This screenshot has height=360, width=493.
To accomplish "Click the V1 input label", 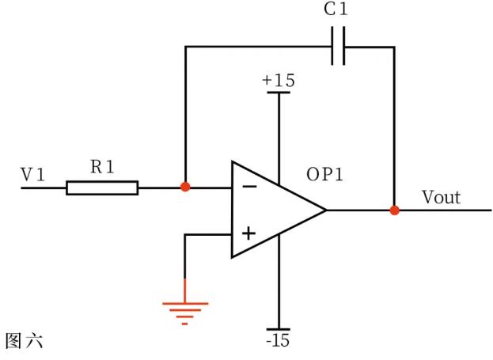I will (32, 174).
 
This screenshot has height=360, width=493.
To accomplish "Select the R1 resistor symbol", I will (102, 188).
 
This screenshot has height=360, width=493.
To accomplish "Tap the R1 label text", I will (102, 167).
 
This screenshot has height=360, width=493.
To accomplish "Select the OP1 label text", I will (324, 175).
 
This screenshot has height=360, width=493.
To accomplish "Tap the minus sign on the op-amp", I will (248, 188).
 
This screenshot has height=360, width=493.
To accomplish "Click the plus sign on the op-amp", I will (248, 233).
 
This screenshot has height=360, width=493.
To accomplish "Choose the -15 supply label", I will (279, 341).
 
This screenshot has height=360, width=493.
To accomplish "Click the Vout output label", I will (440, 197).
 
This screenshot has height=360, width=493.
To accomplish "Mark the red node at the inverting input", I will (185, 188).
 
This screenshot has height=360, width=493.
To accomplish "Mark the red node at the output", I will (394, 210).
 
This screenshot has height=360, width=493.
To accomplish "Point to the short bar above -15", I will (279, 328).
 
